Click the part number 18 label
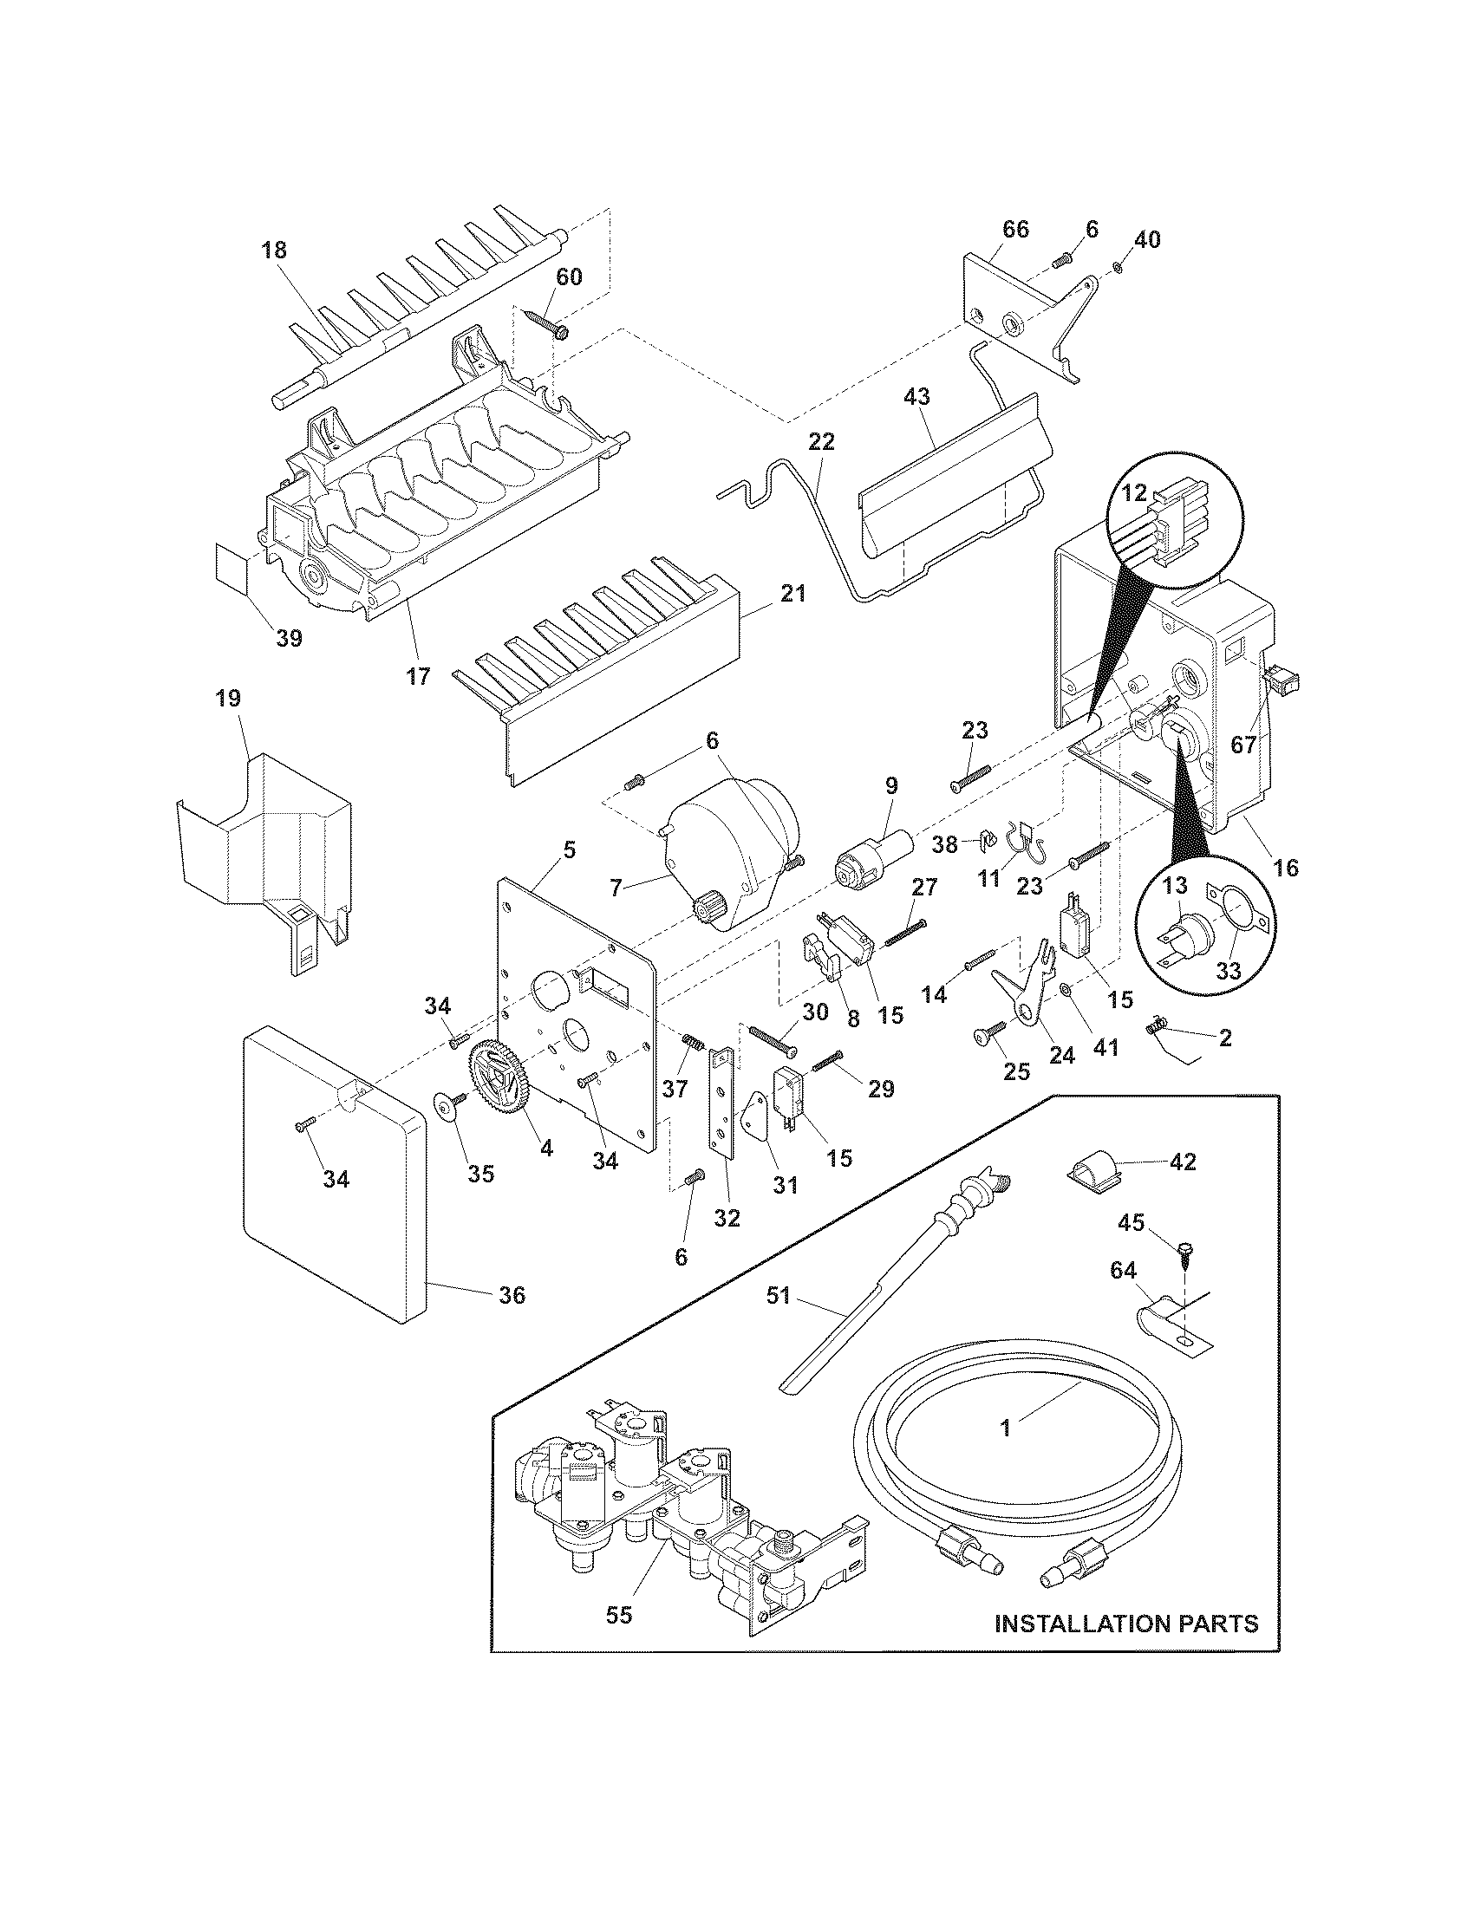(273, 251)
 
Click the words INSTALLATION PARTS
(1126, 1624)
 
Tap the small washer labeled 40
(1120, 267)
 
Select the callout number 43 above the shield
(916, 396)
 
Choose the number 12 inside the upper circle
(1133, 493)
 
